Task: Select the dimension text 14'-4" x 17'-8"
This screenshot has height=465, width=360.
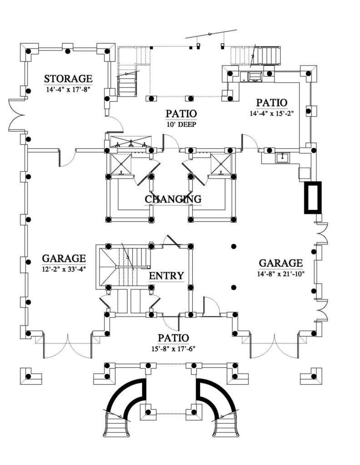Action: pyautogui.click(x=68, y=89)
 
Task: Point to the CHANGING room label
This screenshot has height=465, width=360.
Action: pyautogui.click(x=173, y=199)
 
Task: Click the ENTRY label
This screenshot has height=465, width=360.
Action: pyautogui.click(x=166, y=276)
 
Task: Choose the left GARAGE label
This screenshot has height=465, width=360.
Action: pyautogui.click(x=64, y=258)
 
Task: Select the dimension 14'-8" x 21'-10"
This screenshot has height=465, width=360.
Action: pyautogui.click(x=280, y=274)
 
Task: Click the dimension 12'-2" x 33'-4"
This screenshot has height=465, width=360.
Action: pyautogui.click(x=64, y=269)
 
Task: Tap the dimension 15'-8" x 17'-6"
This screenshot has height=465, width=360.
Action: pyautogui.click(x=173, y=349)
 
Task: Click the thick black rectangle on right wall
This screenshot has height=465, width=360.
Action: pyautogui.click(x=313, y=198)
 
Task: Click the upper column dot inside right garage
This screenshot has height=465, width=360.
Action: pyautogui.click(x=234, y=246)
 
